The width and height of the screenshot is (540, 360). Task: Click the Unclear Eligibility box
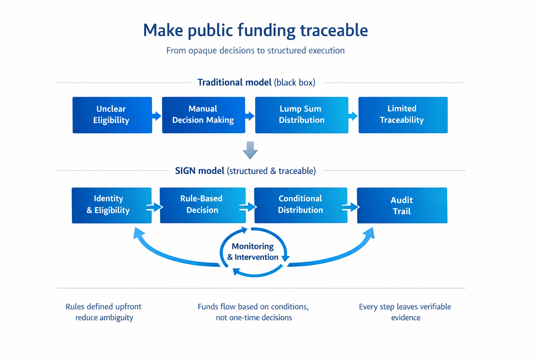(x=112, y=115)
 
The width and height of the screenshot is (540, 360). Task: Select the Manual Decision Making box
(x=203, y=115)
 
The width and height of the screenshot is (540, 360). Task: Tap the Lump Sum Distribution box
(x=301, y=115)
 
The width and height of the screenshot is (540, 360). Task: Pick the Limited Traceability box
(x=403, y=115)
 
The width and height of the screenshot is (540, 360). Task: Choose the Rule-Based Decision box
(x=202, y=205)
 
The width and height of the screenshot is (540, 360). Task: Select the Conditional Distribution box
(x=301, y=205)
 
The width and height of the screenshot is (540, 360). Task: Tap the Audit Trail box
(x=402, y=205)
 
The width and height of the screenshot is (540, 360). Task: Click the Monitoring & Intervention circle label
(x=253, y=252)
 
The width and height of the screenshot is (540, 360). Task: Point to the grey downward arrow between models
(x=250, y=150)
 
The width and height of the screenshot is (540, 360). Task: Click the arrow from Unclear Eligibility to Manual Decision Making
(x=157, y=116)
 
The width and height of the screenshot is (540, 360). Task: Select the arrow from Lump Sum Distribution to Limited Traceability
(x=353, y=116)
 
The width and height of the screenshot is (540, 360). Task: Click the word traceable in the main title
(x=334, y=30)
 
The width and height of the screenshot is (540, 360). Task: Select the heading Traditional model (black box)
(x=256, y=83)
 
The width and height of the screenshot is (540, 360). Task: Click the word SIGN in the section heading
(x=185, y=171)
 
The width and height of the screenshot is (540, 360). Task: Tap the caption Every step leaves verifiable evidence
(x=405, y=312)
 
